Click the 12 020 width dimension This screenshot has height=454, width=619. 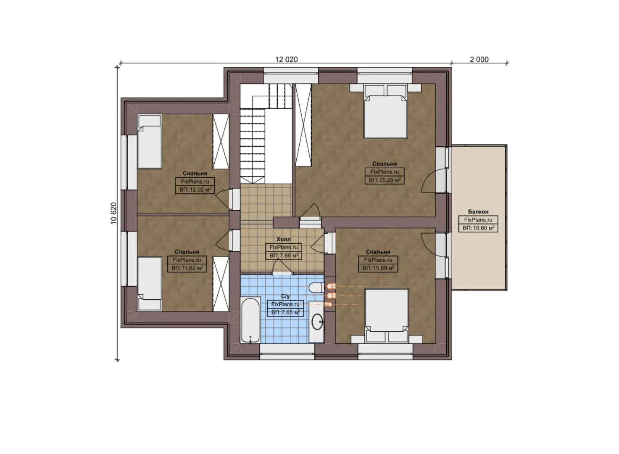(x=286, y=59)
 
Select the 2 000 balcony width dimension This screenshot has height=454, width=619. (x=479, y=59)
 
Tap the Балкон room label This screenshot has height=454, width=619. (x=478, y=212)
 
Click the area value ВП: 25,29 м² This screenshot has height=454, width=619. (x=385, y=180)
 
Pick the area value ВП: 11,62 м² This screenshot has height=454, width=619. (x=187, y=268)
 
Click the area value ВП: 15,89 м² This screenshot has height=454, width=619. (x=378, y=268)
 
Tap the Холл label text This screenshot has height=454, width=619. (x=283, y=239)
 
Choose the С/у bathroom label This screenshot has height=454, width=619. (x=285, y=296)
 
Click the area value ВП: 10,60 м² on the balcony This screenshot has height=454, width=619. (x=478, y=228)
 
